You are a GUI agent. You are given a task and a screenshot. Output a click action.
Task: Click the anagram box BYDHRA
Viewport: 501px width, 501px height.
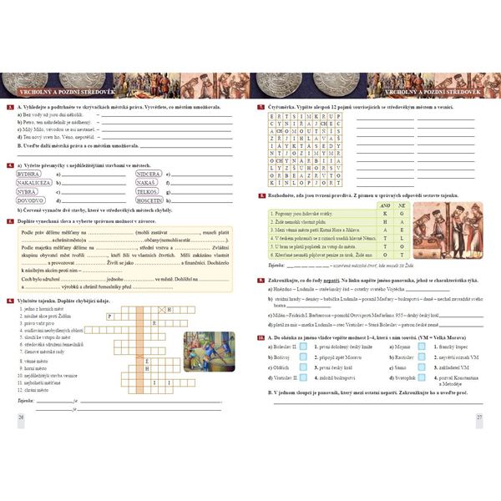pos(28,174)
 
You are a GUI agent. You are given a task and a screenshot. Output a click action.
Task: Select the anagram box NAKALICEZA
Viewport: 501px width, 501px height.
pos(34,182)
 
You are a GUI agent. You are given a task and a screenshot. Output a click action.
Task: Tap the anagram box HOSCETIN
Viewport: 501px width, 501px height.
pos(149,200)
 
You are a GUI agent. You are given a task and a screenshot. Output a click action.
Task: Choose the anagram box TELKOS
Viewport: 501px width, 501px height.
pos(147,191)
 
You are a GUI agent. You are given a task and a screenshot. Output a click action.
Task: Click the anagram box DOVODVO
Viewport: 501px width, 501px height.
pos(30,200)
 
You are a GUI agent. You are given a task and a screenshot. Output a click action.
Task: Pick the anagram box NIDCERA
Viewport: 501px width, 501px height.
pos(149,174)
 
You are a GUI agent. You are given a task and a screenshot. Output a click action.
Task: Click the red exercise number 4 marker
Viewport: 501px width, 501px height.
pos(8,165)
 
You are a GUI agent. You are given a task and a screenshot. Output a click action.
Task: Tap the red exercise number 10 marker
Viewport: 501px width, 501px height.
pos(261,337)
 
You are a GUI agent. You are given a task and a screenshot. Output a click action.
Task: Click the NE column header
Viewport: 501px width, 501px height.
pos(400,205)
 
